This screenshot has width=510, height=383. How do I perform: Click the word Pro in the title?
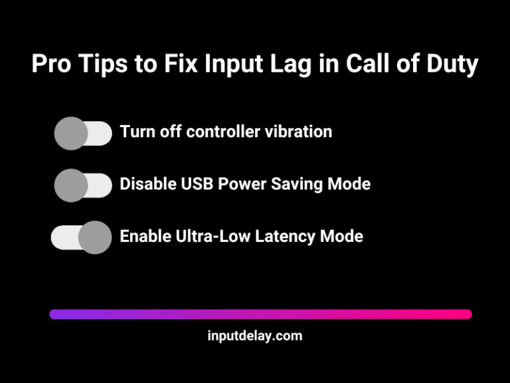click(53, 65)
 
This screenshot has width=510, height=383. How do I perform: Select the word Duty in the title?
click(452, 65)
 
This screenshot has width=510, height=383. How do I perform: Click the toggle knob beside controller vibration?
click(71, 134)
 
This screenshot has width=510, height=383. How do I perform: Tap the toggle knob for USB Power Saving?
click(71, 186)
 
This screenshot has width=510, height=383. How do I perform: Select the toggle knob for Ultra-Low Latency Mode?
click(95, 237)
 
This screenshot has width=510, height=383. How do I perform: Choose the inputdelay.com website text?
click(254, 336)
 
